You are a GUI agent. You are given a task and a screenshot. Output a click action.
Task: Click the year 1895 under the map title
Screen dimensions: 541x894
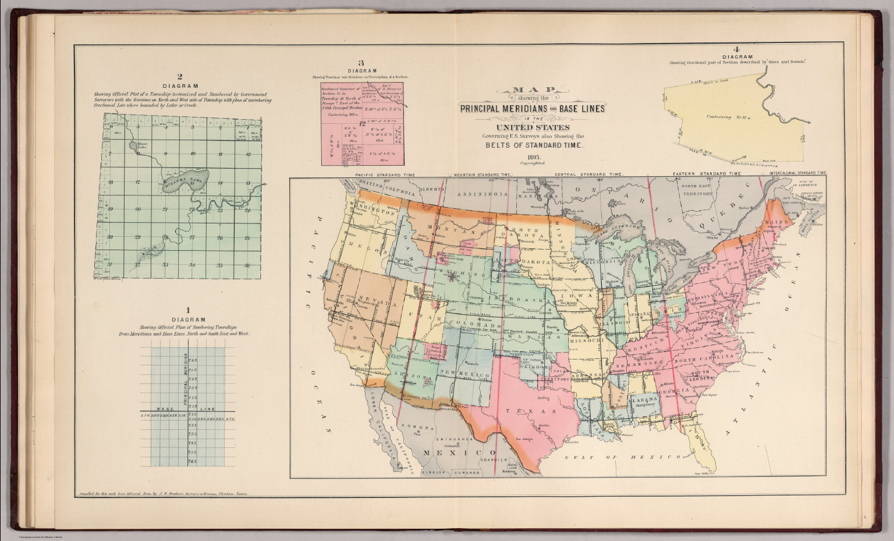click(534, 158)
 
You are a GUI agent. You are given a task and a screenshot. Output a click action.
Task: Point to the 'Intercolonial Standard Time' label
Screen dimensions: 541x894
click(798, 173)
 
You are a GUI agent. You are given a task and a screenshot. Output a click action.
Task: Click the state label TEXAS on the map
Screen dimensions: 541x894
click(519, 411)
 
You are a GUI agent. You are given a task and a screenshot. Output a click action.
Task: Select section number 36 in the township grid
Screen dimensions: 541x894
click(247, 265)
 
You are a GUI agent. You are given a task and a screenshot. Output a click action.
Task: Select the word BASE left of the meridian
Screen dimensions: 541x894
click(161, 409)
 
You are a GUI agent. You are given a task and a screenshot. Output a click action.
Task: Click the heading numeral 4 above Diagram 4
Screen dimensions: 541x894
click(736, 49)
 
